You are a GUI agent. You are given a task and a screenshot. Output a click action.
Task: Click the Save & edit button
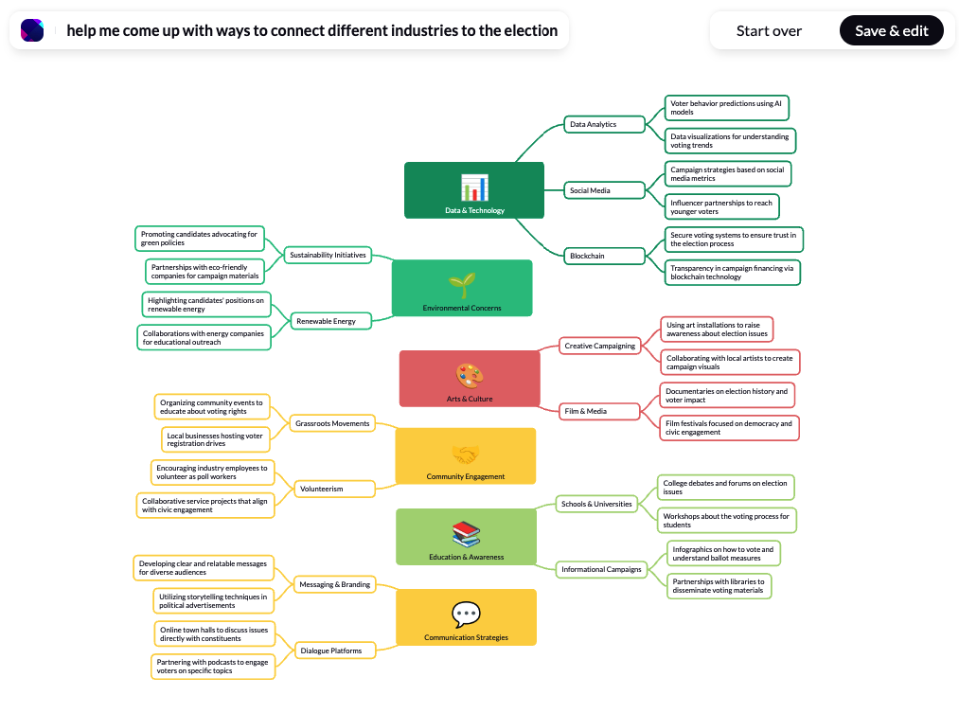point(891,30)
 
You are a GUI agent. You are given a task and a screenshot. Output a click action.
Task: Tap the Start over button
point(769,30)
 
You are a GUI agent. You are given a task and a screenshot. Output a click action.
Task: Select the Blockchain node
point(604,256)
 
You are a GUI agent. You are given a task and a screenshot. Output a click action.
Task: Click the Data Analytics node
point(604,124)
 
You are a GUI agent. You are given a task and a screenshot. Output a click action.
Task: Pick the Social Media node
point(604,190)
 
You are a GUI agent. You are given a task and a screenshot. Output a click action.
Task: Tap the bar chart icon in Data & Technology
point(474,187)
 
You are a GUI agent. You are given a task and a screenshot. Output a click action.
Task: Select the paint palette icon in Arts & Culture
point(470,376)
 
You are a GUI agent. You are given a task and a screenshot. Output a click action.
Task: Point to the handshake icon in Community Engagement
point(466,455)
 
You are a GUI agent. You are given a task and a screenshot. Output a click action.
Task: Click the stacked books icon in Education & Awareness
point(466,534)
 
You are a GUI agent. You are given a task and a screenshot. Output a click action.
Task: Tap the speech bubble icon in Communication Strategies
point(466,614)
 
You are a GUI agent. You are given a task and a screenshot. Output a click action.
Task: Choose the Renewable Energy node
point(331,321)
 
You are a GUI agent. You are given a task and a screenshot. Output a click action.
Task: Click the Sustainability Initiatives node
point(328,255)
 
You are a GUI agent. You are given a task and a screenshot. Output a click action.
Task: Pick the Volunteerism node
point(334,489)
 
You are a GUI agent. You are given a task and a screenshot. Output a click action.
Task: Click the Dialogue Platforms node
point(334,651)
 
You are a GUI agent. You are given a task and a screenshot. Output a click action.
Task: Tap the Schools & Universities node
point(596,504)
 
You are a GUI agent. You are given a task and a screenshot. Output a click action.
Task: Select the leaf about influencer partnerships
point(721,206)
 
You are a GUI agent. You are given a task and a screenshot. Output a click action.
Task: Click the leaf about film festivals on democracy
point(729,427)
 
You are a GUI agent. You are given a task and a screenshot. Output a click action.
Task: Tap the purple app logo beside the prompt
point(32,30)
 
